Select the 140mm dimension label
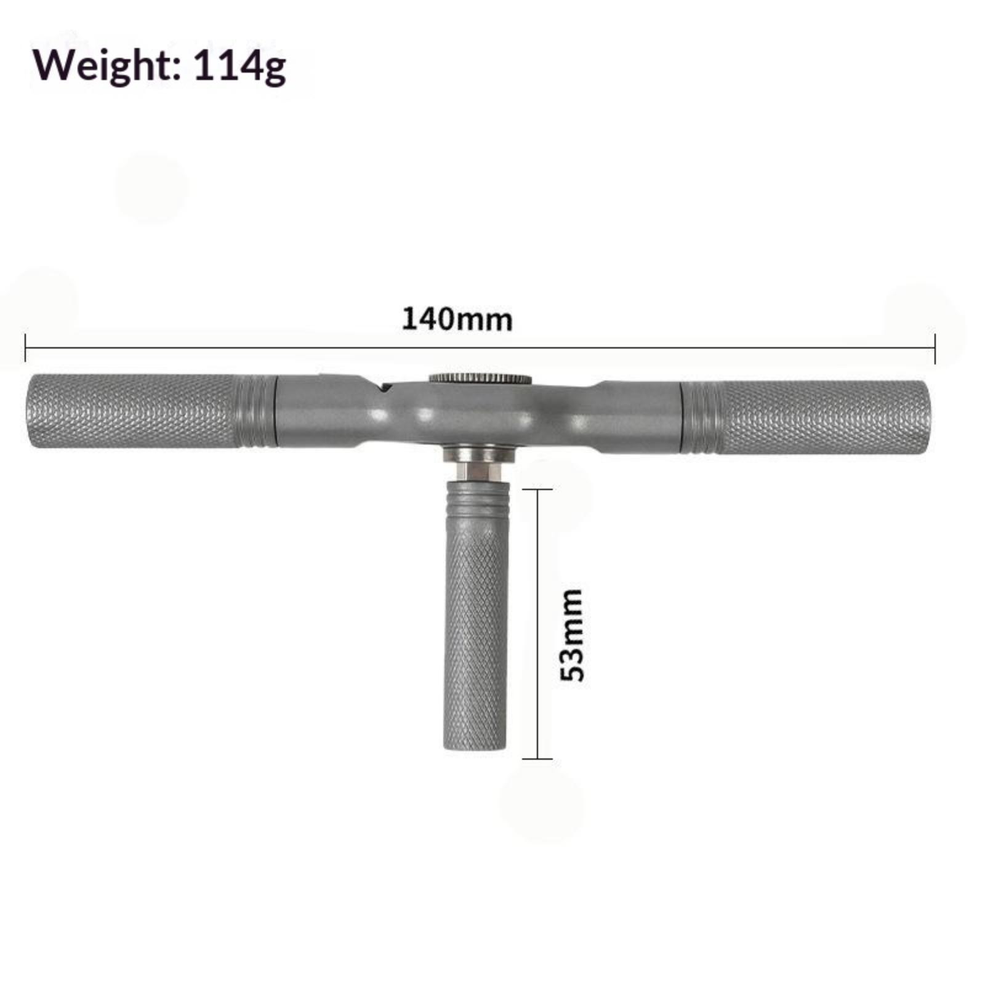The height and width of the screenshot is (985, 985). coord(457,320)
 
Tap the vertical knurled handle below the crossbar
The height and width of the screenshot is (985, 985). coord(475,635)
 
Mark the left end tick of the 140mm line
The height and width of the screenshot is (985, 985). coord(25,348)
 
